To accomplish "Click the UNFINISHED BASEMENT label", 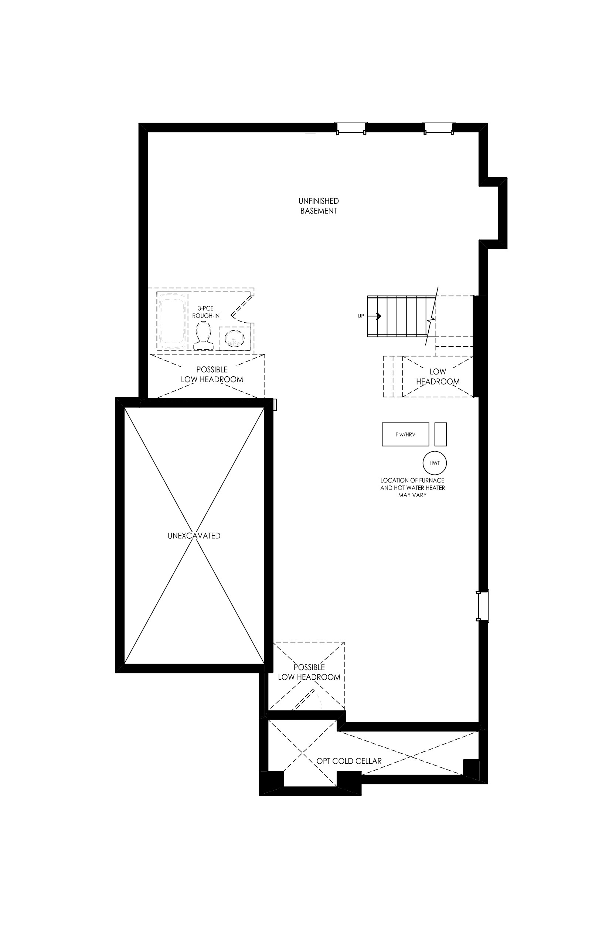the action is (x=319, y=206).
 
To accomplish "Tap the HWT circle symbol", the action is (x=435, y=463).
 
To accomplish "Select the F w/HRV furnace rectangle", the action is (x=405, y=434).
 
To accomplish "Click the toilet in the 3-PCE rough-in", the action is (x=204, y=335).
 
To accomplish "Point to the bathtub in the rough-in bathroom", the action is (x=172, y=320).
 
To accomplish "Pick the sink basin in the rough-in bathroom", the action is (x=234, y=338).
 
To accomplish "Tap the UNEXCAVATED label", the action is (x=194, y=536).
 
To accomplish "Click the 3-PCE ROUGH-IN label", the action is (x=206, y=312).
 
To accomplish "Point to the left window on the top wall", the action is (x=351, y=128).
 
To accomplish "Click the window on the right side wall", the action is (x=483, y=606).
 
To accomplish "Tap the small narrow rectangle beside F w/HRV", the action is (x=440, y=434).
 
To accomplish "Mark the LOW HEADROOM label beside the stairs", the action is (x=438, y=376).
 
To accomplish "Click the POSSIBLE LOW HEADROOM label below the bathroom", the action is (x=212, y=374).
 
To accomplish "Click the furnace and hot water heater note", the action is (x=412, y=488).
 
